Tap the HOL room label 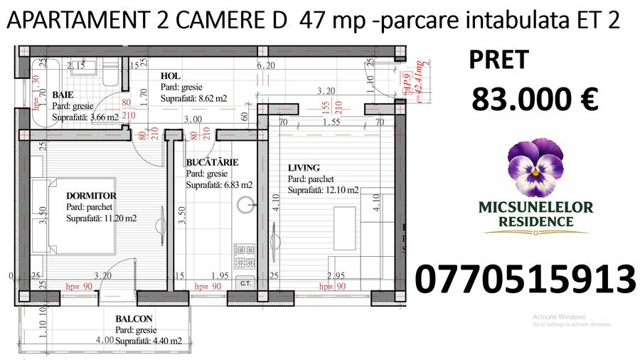click(x=170, y=76)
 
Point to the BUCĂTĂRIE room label click(x=212, y=162)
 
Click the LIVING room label click(x=304, y=168)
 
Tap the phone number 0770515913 click(x=525, y=279)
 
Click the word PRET click(x=498, y=60)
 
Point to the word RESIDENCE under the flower click(x=535, y=222)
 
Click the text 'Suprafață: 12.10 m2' click(x=323, y=191)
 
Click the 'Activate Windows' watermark click(x=559, y=317)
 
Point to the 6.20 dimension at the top click(x=265, y=65)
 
